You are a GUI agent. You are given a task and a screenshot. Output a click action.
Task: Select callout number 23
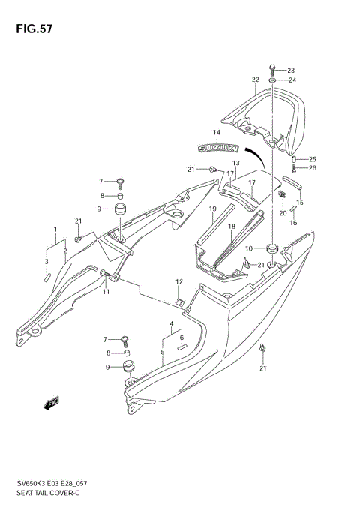(292, 70)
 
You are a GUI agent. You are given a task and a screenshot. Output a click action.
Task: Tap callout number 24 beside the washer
(292, 80)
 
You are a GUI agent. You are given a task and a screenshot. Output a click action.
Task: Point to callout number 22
(255, 80)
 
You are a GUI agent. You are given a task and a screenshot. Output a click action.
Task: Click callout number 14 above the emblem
(216, 133)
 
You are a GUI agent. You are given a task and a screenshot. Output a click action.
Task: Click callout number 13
(235, 163)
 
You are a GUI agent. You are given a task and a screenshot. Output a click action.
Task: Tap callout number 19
(213, 209)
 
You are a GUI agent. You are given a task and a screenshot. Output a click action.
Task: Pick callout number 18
(232, 226)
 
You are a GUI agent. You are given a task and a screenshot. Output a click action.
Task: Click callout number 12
(178, 282)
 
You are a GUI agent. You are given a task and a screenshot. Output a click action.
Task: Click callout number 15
(300, 202)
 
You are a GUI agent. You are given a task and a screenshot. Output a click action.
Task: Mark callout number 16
(293, 223)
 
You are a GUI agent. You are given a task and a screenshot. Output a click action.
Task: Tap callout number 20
(283, 213)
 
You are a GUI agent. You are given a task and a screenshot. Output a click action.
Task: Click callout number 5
(163, 351)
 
